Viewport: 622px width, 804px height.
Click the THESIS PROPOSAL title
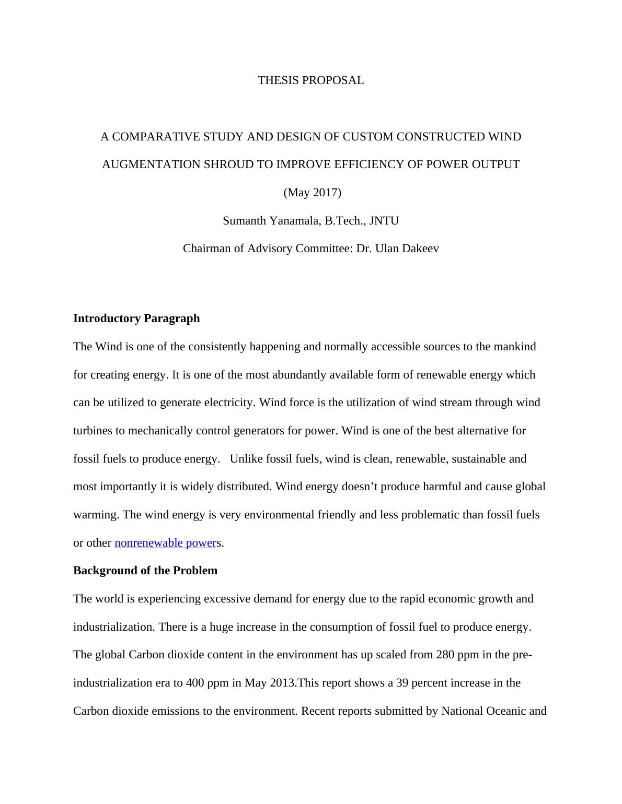pos(310,80)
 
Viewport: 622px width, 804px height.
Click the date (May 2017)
pos(312,193)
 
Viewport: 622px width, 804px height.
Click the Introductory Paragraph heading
pos(136,318)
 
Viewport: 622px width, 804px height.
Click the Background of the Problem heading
pos(145,571)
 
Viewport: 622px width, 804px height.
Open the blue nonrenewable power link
pos(165,543)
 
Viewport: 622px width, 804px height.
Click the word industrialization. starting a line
pos(114,627)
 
